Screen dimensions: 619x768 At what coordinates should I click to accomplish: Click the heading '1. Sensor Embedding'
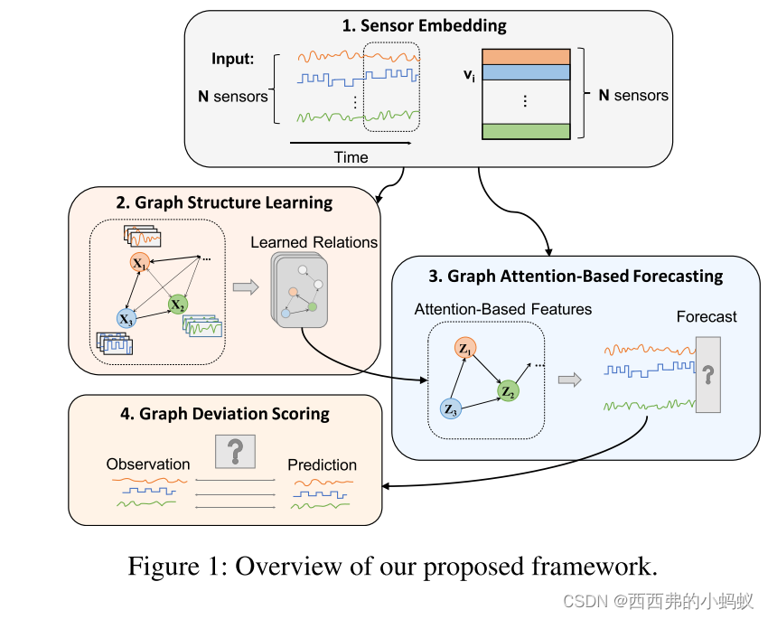pos(424,25)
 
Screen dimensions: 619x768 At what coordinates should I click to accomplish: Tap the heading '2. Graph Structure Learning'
pos(223,202)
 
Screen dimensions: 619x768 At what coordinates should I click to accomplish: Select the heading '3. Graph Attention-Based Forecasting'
pos(575,276)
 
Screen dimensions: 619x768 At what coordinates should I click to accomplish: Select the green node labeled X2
pos(178,305)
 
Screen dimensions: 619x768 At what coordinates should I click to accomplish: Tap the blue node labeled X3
pos(126,318)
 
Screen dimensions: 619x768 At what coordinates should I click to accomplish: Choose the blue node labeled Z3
pos(452,408)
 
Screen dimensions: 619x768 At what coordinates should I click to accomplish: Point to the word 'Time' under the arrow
pos(351,157)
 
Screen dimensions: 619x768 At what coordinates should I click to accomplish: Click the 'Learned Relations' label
pos(314,242)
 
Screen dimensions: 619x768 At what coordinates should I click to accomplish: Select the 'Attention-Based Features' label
pos(502,309)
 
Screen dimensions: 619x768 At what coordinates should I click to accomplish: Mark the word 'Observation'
pos(148,464)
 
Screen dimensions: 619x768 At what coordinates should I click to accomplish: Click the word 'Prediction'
pos(322,464)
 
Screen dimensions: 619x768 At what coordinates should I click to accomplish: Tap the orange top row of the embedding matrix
pos(525,56)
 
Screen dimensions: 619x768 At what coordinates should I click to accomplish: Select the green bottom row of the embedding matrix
pos(525,131)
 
